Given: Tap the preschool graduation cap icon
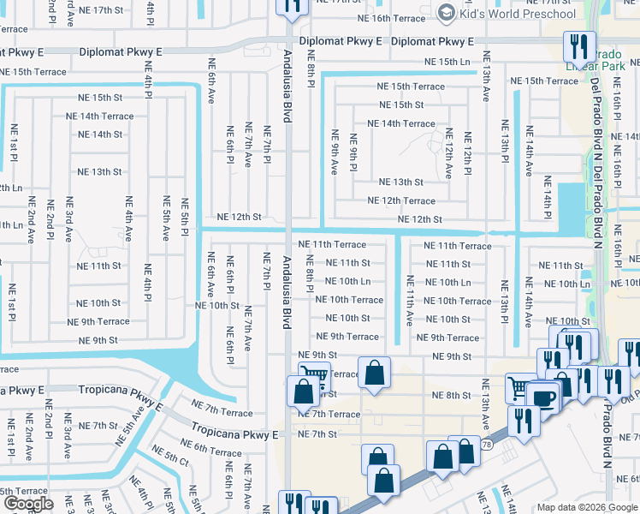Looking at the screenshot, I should coord(445,13).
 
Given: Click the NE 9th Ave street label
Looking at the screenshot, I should coord(335,152).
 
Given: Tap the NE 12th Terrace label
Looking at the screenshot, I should coord(400,200).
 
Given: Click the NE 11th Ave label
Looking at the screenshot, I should coord(410,300).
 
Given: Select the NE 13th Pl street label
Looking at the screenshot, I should coord(505,302).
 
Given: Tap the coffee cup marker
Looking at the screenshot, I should coord(542,398).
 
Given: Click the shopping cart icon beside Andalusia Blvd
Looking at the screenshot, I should coord(314,378).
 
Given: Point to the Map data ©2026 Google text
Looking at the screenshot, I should coord(586,507).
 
